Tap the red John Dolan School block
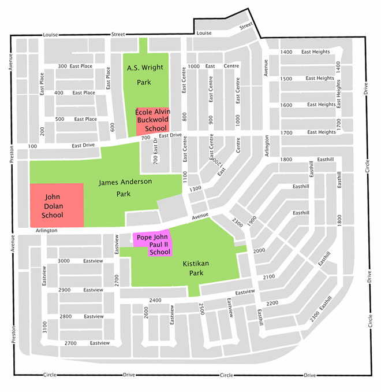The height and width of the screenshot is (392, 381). click(56, 205)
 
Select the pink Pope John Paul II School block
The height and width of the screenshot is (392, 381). click(152, 244)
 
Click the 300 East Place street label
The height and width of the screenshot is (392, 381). click(74, 66)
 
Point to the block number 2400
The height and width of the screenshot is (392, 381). click(155, 300)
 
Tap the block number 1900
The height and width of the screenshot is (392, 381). click(252, 220)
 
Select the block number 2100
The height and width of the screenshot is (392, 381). click(269, 277)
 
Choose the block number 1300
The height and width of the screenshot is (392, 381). click(195, 188)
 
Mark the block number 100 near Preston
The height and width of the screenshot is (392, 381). click(32, 147)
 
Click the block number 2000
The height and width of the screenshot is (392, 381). click(259, 250)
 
